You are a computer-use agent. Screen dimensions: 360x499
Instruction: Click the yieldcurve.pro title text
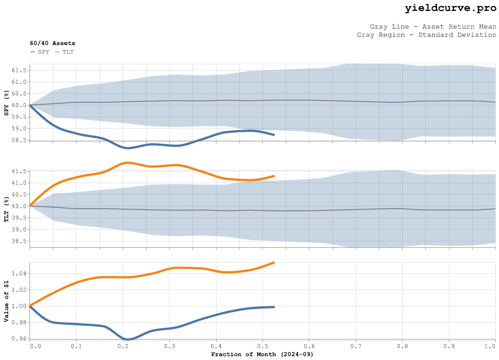(x=450, y=8)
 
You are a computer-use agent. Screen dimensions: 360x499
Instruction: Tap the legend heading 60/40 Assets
(x=53, y=43)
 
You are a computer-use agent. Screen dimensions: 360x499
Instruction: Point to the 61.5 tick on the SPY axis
(x=19, y=70)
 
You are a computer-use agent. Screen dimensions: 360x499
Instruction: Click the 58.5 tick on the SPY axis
(x=19, y=140)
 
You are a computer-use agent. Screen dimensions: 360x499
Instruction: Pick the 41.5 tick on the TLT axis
(x=19, y=171)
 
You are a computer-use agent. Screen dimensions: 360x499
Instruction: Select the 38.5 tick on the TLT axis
(x=19, y=241)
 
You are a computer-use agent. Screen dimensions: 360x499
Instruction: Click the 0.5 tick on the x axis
(x=262, y=346)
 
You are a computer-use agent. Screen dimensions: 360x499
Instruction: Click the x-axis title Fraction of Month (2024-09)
(x=262, y=354)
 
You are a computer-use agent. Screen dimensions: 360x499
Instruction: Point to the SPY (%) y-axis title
(x=6, y=103)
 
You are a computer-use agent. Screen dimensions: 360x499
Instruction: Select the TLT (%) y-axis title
(x=6, y=209)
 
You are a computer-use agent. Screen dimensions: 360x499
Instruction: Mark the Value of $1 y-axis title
(x=6, y=300)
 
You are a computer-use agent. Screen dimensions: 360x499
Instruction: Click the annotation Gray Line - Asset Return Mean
(x=433, y=27)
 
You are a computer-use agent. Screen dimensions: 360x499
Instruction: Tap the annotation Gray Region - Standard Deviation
(x=427, y=35)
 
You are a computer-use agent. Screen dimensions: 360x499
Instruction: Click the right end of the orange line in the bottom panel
(x=274, y=262)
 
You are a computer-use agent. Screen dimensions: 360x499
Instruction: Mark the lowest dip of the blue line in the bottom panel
(x=128, y=339)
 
